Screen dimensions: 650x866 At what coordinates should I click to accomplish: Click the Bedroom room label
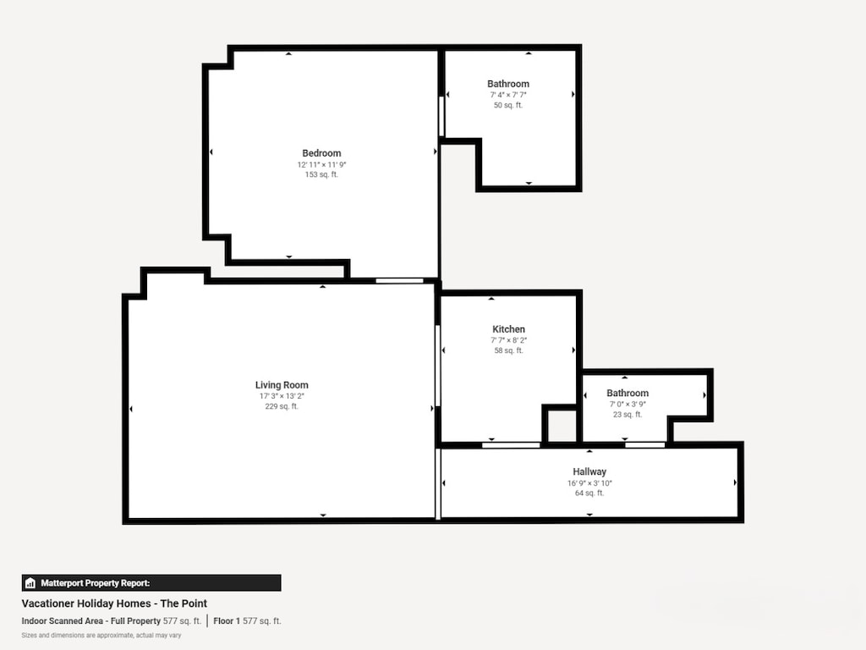(x=321, y=153)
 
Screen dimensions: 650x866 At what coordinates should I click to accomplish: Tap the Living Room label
(x=282, y=385)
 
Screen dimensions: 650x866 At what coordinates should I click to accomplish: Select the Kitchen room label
(x=508, y=329)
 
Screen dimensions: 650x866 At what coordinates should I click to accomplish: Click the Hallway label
(x=589, y=472)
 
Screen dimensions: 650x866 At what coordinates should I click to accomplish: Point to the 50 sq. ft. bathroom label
(x=508, y=84)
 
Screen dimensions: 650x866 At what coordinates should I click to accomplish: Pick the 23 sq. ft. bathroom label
(x=628, y=393)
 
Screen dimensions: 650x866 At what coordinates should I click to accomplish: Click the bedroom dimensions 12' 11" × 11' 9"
(x=321, y=164)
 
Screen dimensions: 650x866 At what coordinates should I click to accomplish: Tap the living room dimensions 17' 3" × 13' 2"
(x=282, y=396)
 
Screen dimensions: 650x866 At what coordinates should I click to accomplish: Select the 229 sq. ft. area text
(x=282, y=406)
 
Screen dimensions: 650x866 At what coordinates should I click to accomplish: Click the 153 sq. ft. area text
(x=321, y=174)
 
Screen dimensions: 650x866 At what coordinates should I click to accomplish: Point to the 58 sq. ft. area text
(x=508, y=350)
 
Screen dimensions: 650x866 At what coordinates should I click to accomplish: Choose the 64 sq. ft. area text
(x=589, y=493)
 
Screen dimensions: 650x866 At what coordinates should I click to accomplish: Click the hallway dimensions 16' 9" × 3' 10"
(x=589, y=483)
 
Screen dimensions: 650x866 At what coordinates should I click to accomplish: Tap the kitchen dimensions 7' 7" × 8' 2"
(x=508, y=340)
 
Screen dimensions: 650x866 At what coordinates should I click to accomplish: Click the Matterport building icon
(x=30, y=583)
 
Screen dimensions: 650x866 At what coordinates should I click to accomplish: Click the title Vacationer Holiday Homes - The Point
(x=114, y=603)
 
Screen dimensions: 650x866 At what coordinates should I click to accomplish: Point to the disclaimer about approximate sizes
(x=101, y=635)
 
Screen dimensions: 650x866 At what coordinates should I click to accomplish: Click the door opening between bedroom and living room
(x=399, y=280)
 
